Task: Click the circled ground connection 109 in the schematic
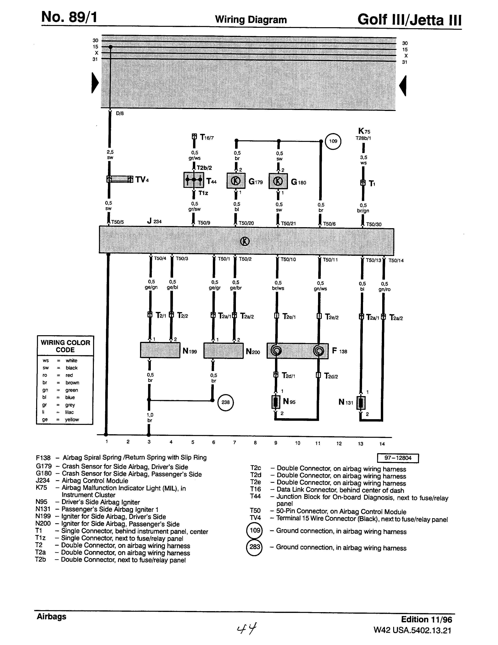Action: [333, 141]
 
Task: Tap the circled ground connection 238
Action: [226, 402]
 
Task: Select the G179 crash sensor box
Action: [236, 181]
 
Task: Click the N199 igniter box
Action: [160, 350]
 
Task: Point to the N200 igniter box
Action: [223, 350]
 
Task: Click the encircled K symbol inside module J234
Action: [245, 241]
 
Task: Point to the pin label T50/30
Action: [374, 224]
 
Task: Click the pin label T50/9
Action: [204, 223]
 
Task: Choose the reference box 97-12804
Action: [398, 458]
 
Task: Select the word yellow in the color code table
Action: [72, 419]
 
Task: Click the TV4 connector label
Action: [142, 180]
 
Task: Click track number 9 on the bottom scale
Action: [276, 443]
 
